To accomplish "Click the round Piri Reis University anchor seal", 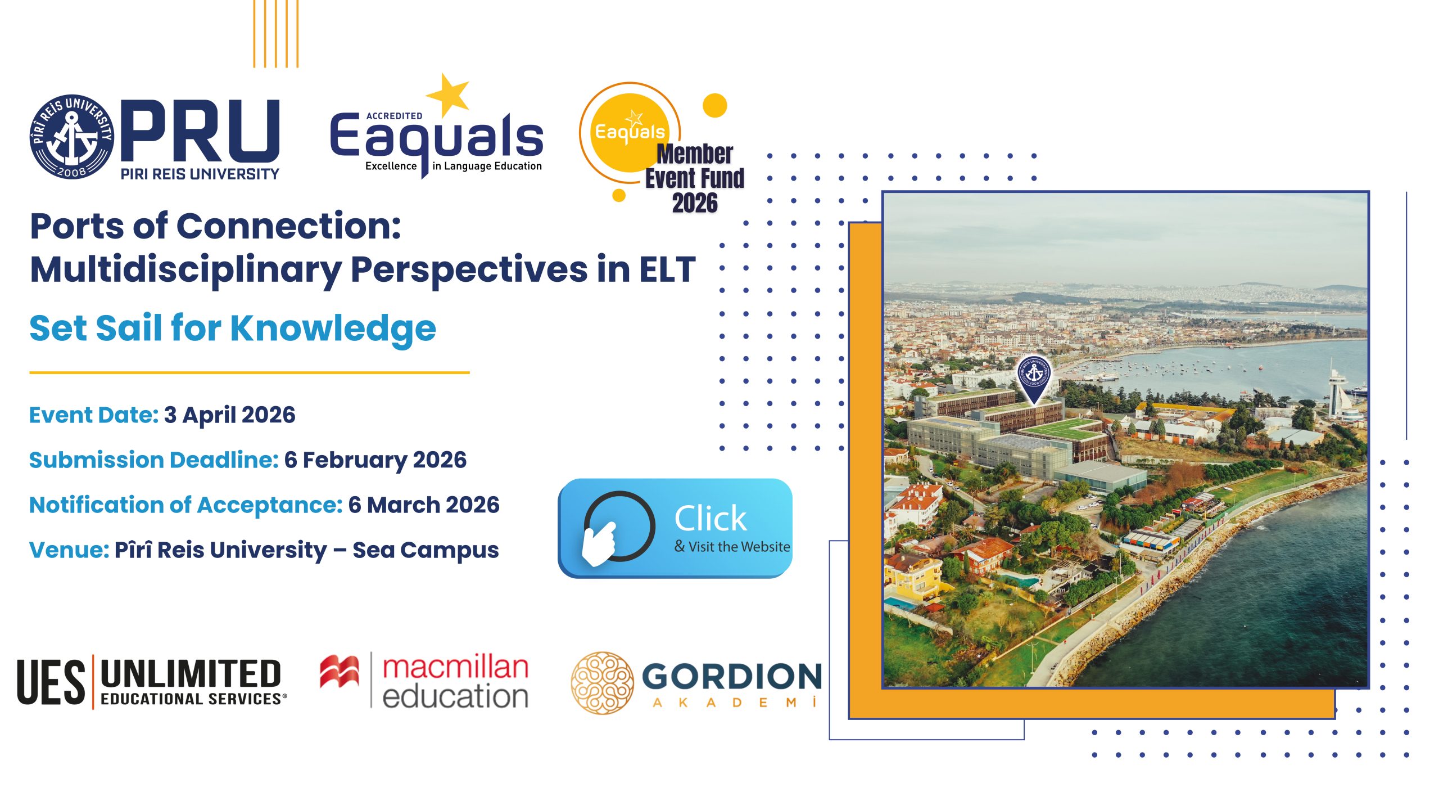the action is tap(71, 137).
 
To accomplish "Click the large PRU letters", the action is tap(200, 131).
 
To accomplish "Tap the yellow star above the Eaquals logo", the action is tap(448, 94).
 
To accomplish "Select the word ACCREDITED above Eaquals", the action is tap(394, 116).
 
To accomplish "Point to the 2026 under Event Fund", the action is tap(695, 203).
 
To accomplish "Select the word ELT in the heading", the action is tap(667, 269).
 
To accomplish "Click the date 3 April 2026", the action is tap(229, 415).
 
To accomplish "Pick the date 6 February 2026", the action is tap(375, 460).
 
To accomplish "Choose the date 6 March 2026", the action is tap(423, 505).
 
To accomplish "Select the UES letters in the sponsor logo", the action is tap(51, 682).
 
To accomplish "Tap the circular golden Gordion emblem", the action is tap(602, 683).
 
